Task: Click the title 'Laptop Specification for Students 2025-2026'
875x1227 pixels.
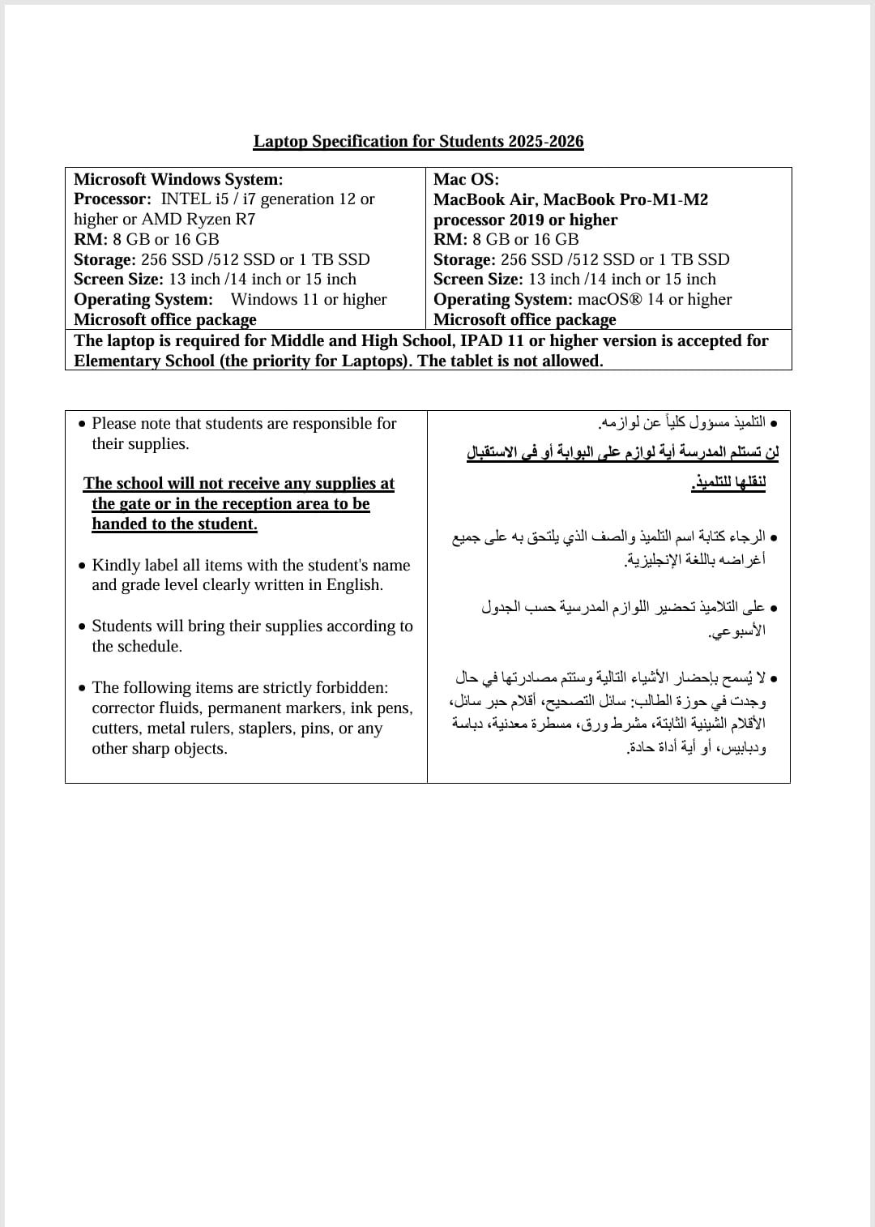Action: click(x=418, y=142)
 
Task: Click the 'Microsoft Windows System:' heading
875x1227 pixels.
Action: click(x=178, y=179)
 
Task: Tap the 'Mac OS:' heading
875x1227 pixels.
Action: click(x=466, y=179)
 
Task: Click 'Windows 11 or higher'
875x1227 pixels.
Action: click(x=309, y=300)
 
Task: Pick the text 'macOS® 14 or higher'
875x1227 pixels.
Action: click(x=655, y=300)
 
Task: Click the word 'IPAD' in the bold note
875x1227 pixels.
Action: click(x=482, y=341)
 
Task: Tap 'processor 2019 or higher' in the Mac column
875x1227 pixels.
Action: click(x=525, y=220)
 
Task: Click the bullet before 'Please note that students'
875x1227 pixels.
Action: click(x=83, y=424)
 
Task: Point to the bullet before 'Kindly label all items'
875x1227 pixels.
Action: click(x=83, y=566)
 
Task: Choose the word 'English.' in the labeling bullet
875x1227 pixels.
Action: click(x=355, y=585)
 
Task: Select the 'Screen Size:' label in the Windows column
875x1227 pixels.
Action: click(x=119, y=280)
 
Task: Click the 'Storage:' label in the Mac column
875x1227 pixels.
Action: click(x=464, y=259)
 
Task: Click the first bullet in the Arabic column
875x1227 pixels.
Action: click(x=774, y=424)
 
